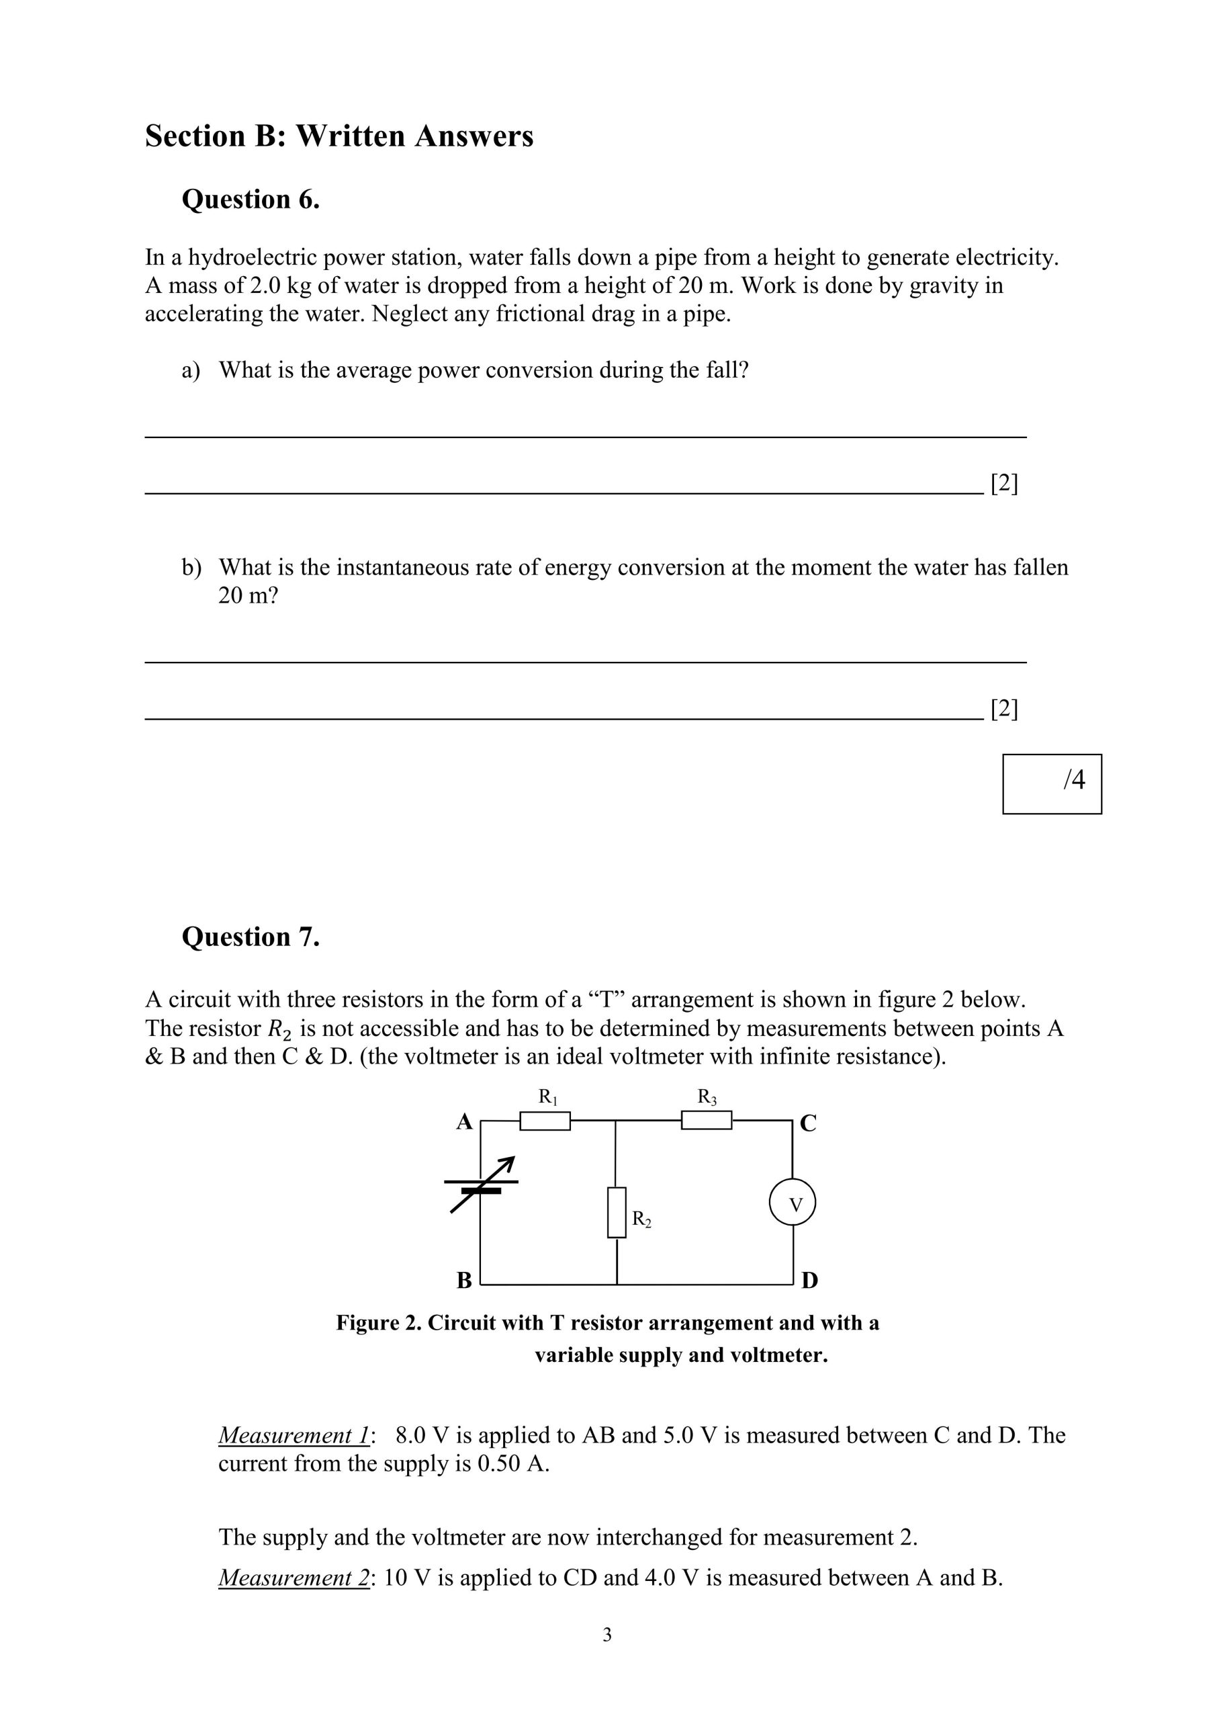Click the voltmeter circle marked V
click(x=792, y=1204)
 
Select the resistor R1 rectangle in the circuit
click(x=545, y=1121)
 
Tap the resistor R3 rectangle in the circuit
click(x=706, y=1120)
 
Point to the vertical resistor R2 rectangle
click(x=617, y=1212)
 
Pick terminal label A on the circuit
click(x=464, y=1122)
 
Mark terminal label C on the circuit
click(x=808, y=1123)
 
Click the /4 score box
click(x=1052, y=783)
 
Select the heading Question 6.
click(x=251, y=200)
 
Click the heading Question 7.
click(x=251, y=937)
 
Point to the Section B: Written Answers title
click(x=339, y=136)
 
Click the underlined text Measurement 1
click(x=294, y=1435)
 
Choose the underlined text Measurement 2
click(x=294, y=1578)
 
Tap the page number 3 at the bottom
click(x=606, y=1635)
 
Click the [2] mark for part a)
click(x=1003, y=484)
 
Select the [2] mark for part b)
click(x=1003, y=709)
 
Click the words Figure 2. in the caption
click(x=378, y=1323)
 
